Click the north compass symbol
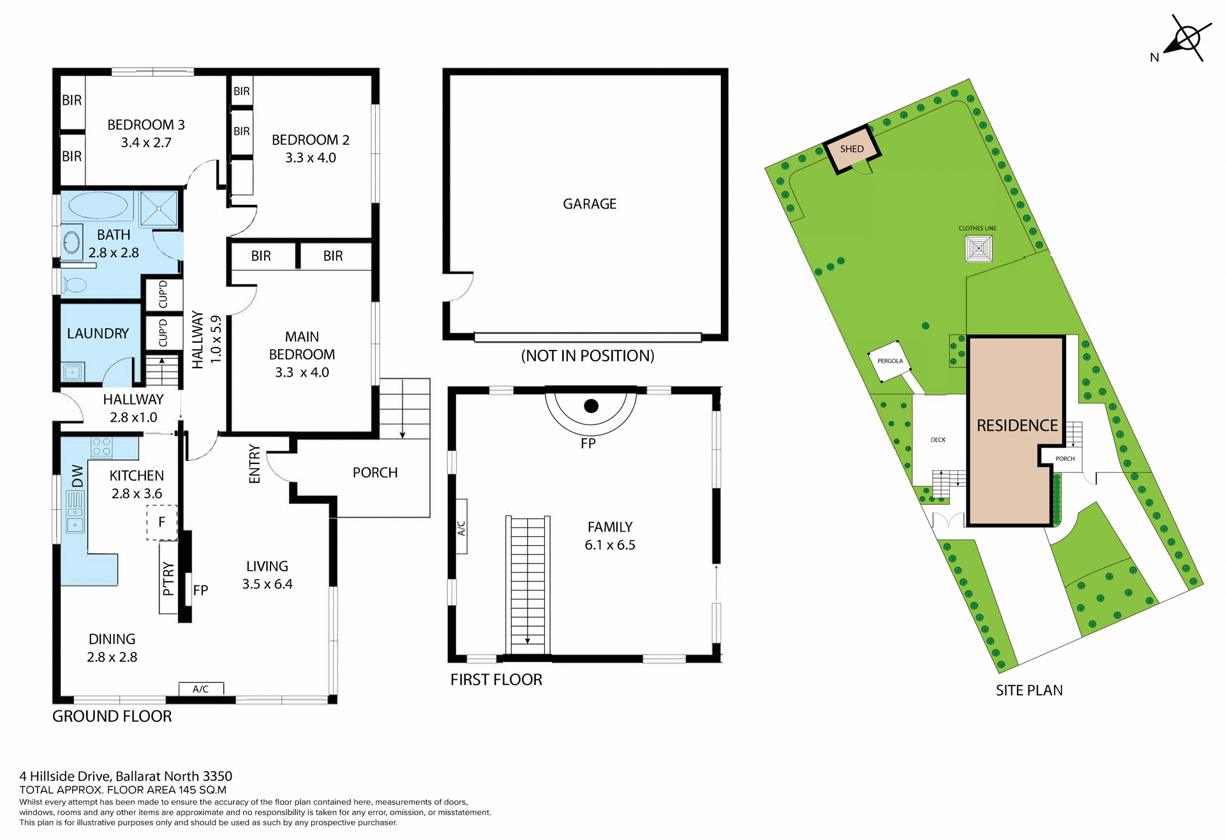pyautogui.click(x=1187, y=40)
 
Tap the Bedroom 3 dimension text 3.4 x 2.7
pyautogui.click(x=146, y=143)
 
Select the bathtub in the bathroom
pyautogui.click(x=98, y=206)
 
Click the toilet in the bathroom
pyautogui.click(x=75, y=285)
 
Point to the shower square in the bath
pyautogui.click(x=159, y=208)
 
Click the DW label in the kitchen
pyautogui.click(x=77, y=476)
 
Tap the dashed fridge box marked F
pyautogui.click(x=161, y=522)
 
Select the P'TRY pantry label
pyautogui.click(x=168, y=578)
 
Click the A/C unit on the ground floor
pyautogui.click(x=201, y=689)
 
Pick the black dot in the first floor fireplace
pyautogui.click(x=591, y=406)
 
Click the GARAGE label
pyautogui.click(x=590, y=204)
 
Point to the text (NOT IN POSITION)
pyautogui.click(x=588, y=356)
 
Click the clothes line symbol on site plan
pyautogui.click(x=979, y=248)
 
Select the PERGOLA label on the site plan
pyautogui.click(x=890, y=361)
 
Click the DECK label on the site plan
pyautogui.click(x=938, y=440)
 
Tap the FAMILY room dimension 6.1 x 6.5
pyautogui.click(x=610, y=545)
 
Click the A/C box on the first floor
pyautogui.click(x=461, y=527)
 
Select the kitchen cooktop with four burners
pyautogui.click(x=101, y=446)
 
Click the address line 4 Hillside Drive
pyautogui.click(x=126, y=776)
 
